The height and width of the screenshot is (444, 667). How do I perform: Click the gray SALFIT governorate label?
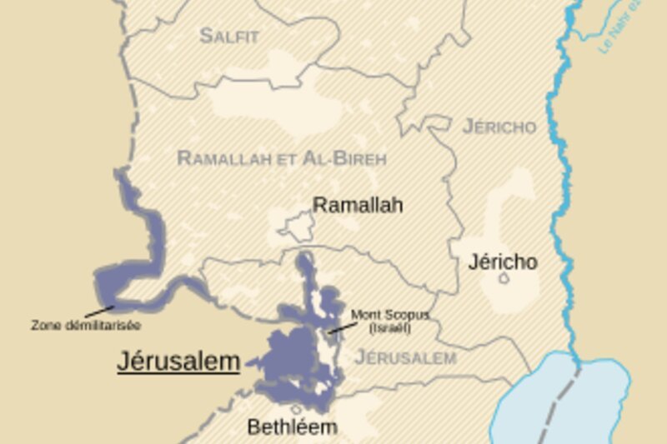point(229,36)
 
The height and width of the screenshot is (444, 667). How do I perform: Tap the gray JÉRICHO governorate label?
point(499,127)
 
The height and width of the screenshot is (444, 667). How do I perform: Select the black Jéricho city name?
point(503,262)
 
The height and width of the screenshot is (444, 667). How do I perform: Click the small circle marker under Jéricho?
point(504,279)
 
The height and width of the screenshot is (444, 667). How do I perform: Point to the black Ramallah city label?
point(358,205)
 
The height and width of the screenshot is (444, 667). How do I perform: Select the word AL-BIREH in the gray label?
point(349,158)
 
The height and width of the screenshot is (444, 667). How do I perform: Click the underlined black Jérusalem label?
point(178,361)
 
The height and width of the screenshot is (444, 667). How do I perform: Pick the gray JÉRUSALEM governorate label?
point(405,358)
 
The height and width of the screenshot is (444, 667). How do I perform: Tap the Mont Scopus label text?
point(389,315)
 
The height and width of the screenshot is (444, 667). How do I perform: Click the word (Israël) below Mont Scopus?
point(390,327)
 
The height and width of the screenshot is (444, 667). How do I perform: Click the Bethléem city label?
point(292,427)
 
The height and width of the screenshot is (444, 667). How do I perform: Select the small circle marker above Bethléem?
point(297,409)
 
